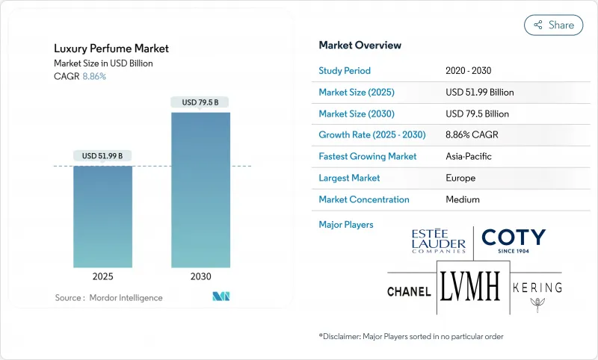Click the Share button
click(553, 25)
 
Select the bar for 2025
click(102, 217)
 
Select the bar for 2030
click(200, 190)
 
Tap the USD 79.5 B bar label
click(200, 102)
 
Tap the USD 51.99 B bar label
click(102, 155)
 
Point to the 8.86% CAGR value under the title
click(93, 76)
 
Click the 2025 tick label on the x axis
click(102, 276)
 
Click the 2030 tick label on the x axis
click(200, 276)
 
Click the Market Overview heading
click(360, 46)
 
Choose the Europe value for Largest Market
click(461, 178)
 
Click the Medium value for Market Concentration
click(463, 199)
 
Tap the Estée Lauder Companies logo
click(439, 241)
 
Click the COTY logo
click(514, 240)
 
